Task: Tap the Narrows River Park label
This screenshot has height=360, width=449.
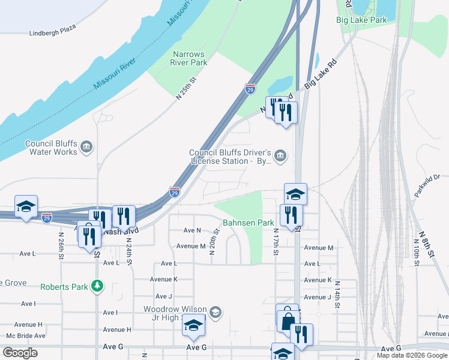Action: (189, 58)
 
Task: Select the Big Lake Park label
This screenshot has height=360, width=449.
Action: (361, 20)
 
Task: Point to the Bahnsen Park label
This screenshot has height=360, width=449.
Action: (248, 223)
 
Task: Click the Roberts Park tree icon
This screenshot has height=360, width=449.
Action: (97, 287)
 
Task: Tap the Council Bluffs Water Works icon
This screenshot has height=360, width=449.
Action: (86, 146)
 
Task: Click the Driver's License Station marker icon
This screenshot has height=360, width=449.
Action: (281, 156)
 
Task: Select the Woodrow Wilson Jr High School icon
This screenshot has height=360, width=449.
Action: (216, 312)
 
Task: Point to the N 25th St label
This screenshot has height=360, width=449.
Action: (186, 88)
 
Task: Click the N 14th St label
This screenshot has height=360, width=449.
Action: (337, 293)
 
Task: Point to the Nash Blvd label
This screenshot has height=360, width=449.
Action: (121, 230)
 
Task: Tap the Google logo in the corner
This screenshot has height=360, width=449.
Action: (20, 352)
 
